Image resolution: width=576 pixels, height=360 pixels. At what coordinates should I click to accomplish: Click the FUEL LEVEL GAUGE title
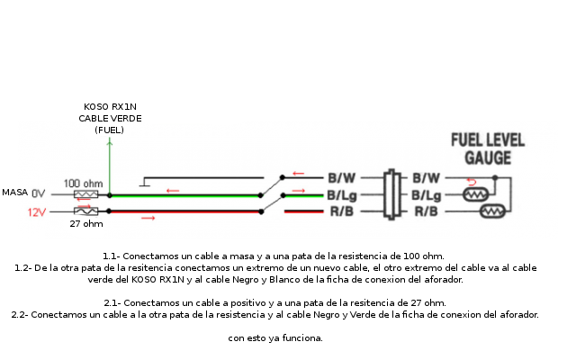pos(488,148)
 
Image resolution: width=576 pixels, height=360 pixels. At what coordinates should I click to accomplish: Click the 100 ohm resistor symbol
pos(85,194)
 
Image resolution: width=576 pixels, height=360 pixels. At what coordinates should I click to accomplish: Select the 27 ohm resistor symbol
pos(85,211)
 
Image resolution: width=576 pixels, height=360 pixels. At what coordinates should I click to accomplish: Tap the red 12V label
pos(36,212)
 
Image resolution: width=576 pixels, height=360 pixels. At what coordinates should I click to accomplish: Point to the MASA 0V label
pos(23,193)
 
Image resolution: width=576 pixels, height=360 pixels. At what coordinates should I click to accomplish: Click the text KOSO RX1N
pos(110,107)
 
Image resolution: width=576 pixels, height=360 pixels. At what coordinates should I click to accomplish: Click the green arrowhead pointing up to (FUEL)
pos(110,141)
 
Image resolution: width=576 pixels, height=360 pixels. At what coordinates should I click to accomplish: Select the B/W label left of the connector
pos(341,177)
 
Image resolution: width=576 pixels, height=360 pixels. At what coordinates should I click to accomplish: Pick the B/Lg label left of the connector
pos(342,194)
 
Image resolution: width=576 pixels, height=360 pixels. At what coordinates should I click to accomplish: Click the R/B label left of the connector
pos(341,211)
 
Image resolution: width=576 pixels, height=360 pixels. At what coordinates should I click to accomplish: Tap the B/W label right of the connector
pos(426,177)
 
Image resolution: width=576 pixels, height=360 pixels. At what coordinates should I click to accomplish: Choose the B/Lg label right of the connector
pos(427,194)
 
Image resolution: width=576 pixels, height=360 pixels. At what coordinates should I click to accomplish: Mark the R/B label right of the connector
pos(426,211)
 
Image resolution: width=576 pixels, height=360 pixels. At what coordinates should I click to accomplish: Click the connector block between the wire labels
pos(391,194)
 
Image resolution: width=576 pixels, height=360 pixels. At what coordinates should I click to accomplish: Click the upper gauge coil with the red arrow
pos(475,194)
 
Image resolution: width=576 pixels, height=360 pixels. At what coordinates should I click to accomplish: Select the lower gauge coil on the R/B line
pos(494,212)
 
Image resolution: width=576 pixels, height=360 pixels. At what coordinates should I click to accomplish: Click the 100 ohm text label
pos(83,183)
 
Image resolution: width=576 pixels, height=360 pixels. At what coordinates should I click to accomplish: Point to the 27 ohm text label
pos(85,224)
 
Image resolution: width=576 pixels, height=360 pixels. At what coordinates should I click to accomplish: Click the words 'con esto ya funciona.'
pos(274,338)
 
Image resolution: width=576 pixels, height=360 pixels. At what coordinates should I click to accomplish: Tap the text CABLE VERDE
pos(110,118)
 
